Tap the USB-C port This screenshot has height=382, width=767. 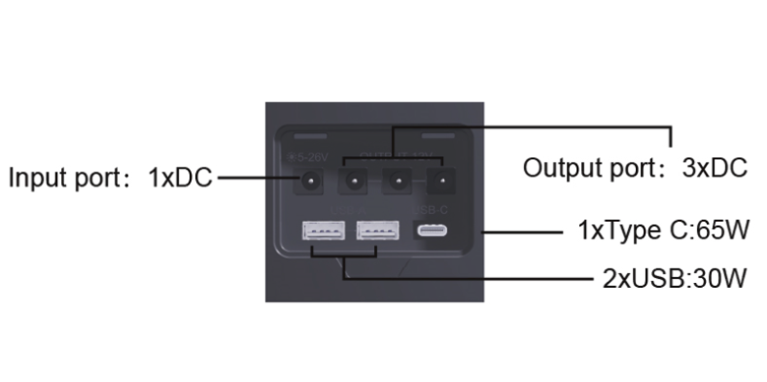tap(432, 231)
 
